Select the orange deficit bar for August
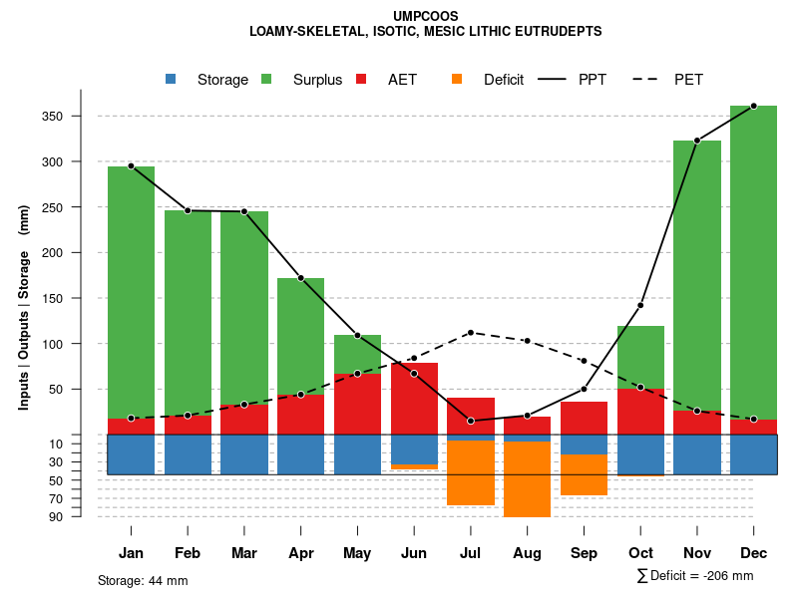click(x=527, y=478)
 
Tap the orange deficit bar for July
click(x=471, y=472)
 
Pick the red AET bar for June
click(x=414, y=399)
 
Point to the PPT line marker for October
click(x=640, y=305)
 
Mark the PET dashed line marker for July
click(x=471, y=333)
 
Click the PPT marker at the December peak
click(x=753, y=106)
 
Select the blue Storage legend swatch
click(x=171, y=79)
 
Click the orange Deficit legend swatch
click(x=457, y=79)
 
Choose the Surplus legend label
click(x=317, y=80)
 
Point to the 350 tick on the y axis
click(x=79, y=117)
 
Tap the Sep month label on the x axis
click(x=584, y=553)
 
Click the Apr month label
click(x=300, y=553)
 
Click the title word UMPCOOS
click(x=426, y=15)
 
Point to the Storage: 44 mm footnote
click(x=143, y=580)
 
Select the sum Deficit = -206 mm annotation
click(x=695, y=576)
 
